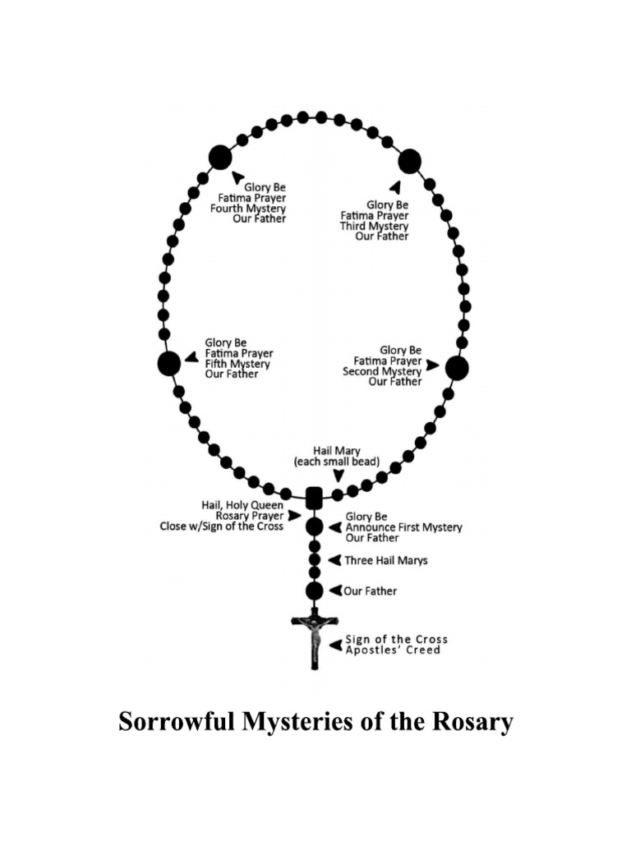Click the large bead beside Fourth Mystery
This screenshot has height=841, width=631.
point(220,156)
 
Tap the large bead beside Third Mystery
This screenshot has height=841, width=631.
point(409,162)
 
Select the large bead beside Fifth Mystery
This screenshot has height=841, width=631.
point(169,363)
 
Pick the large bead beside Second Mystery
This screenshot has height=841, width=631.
point(457,368)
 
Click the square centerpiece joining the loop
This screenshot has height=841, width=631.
point(313,498)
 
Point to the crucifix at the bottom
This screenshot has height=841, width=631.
point(314,637)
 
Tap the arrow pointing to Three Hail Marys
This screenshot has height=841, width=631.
point(334,561)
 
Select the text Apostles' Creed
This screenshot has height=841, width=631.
point(392,650)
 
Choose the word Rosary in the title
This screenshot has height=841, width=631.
point(470,723)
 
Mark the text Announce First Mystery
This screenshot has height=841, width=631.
point(403,527)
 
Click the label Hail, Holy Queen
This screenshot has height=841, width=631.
point(242,505)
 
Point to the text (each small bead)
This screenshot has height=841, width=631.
point(337,462)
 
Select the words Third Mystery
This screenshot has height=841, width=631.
point(375,226)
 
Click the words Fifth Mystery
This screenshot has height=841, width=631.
point(237,364)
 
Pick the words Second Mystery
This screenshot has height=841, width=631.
point(382,371)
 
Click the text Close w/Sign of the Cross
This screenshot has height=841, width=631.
point(221,526)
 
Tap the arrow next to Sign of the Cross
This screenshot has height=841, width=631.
point(335,645)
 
